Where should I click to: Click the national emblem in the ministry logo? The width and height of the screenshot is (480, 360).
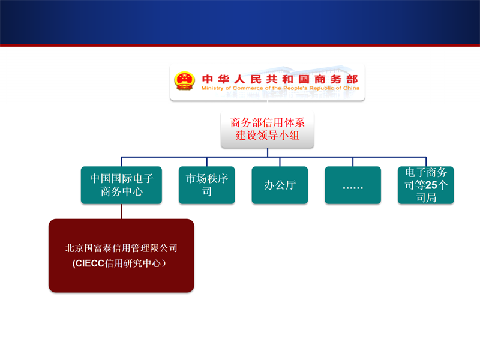(184, 81)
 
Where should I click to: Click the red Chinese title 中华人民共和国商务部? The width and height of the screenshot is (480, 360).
(280, 79)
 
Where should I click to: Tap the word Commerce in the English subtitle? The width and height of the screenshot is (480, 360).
(248, 88)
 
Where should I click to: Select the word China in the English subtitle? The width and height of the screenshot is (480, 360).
(351, 88)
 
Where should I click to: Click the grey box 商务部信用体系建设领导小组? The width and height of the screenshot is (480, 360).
(267, 130)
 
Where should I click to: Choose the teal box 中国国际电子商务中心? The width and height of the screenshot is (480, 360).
(121, 185)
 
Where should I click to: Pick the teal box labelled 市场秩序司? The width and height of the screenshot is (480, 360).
(206, 185)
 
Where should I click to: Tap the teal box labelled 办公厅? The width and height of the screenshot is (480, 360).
(280, 185)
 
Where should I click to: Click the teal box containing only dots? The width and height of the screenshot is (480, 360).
(353, 185)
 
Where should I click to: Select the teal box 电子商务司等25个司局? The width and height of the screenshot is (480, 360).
(426, 185)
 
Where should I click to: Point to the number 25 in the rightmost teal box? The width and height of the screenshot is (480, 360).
(431, 185)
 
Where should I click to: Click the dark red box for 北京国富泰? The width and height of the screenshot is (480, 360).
(121, 256)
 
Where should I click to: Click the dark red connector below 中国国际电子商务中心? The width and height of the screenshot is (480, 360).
(122, 211)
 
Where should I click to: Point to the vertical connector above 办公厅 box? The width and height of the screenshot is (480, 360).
(280, 162)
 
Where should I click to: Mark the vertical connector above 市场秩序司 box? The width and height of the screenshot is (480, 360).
(206, 162)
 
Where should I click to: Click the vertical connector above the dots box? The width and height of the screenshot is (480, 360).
(353, 162)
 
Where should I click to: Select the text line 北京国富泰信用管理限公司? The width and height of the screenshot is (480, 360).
(121, 248)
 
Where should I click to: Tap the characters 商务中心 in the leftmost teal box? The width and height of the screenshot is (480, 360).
(122, 191)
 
